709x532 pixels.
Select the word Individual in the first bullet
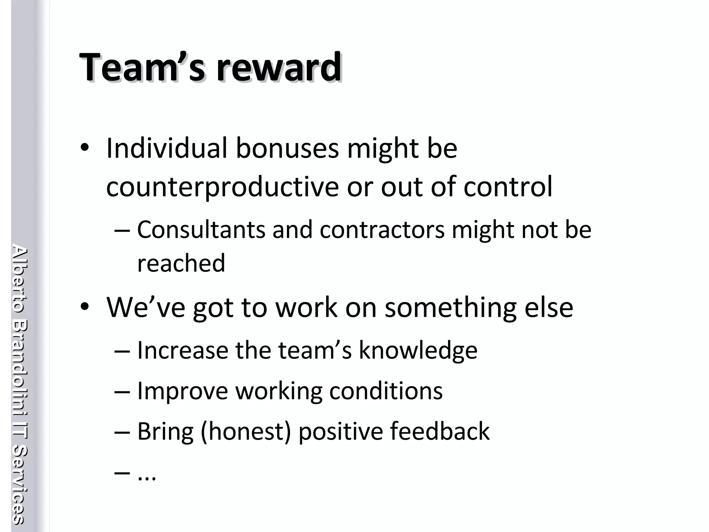[167, 149]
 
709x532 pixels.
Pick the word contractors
[382, 230]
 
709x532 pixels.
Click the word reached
[181, 263]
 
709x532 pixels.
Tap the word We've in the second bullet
[146, 307]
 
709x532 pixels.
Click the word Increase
[182, 350]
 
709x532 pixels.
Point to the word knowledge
[418, 351]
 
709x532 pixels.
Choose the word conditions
[386, 391]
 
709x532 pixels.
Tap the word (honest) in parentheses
[245, 432]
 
